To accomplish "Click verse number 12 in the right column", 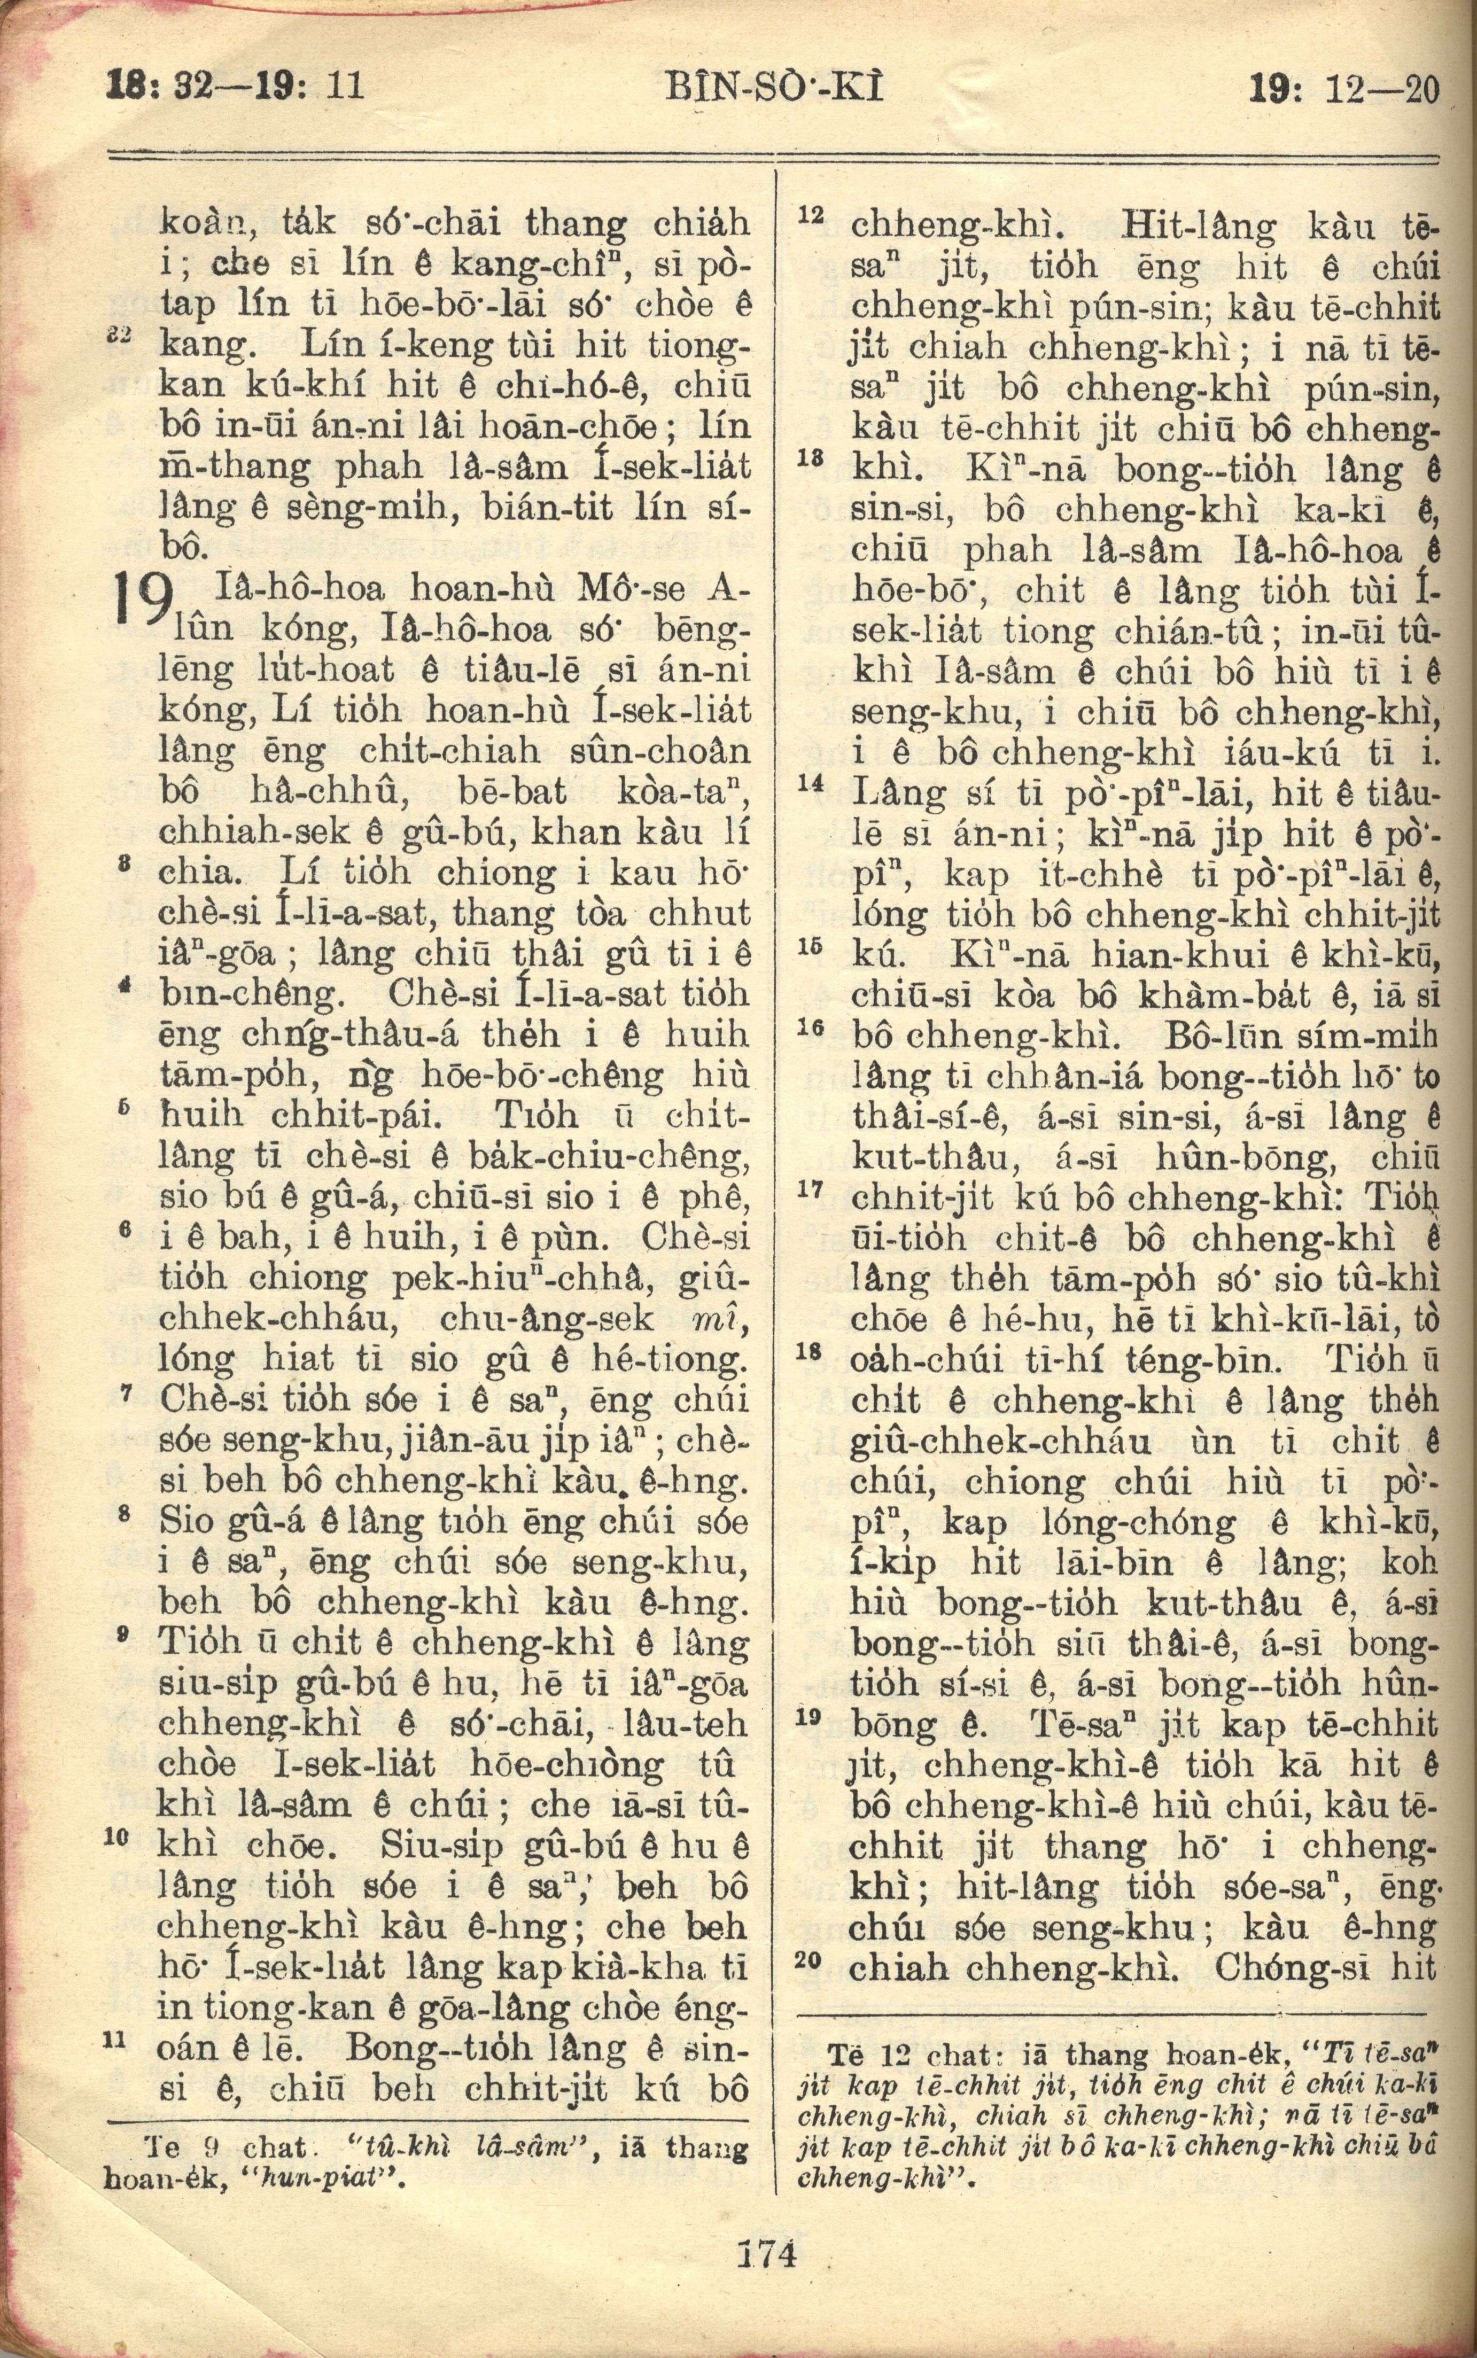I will point(812,214).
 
